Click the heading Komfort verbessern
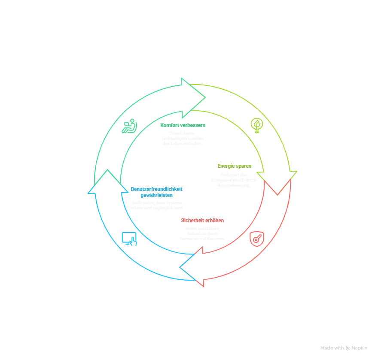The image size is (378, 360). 183,125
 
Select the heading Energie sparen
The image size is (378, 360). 235,166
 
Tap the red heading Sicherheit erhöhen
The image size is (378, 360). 202,221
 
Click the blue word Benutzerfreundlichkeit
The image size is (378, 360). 157,189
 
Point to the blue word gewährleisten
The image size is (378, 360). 157,195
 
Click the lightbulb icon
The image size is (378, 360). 257,125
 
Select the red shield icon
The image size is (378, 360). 257,239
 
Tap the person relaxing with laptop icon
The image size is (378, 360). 129,126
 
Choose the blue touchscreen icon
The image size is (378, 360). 129,239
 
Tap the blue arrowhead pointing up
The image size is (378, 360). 107,182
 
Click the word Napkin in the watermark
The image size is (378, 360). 359,348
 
